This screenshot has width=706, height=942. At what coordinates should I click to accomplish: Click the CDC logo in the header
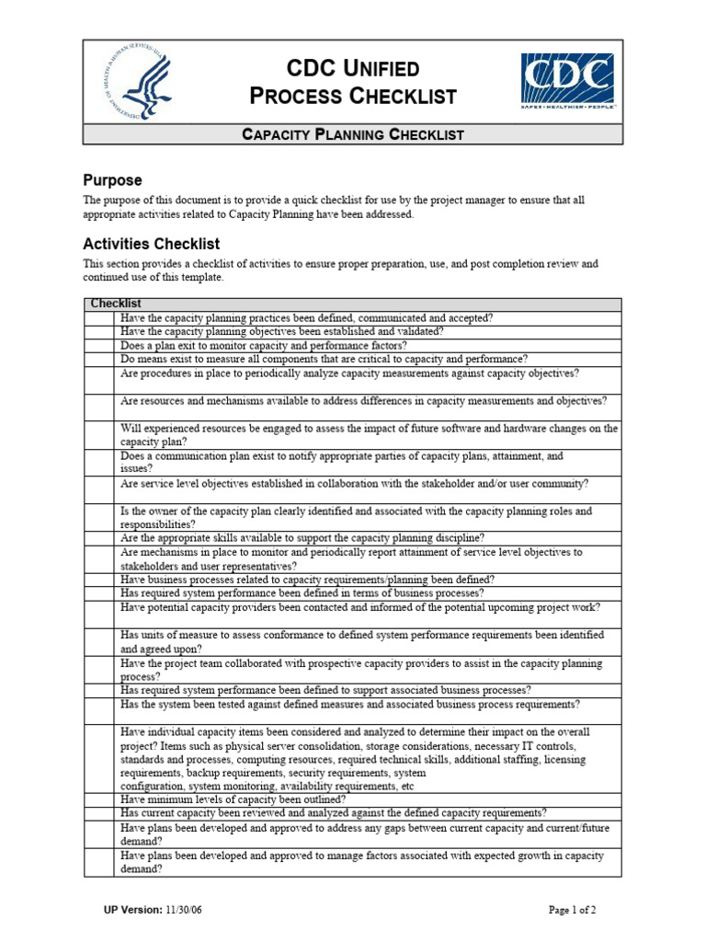[567, 81]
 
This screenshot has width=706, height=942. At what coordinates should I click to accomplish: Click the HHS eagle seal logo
[137, 83]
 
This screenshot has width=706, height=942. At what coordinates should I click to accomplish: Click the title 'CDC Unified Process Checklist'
[353, 82]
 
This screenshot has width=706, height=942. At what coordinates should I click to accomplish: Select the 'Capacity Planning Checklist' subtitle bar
[353, 135]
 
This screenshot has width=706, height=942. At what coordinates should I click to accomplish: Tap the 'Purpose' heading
[112, 180]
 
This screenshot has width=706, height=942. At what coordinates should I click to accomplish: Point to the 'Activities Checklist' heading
[151, 244]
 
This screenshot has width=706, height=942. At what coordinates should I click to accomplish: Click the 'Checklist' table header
[115, 304]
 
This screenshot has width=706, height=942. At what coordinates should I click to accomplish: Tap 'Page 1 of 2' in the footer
[573, 910]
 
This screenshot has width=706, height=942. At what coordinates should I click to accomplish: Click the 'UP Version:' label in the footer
[133, 910]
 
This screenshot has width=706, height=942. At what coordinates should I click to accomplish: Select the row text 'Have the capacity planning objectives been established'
[281, 332]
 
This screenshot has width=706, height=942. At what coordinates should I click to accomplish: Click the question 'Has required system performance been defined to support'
[325, 690]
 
